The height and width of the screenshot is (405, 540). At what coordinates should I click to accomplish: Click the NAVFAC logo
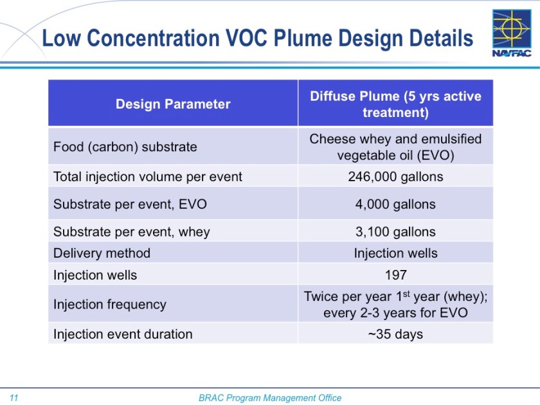(512, 33)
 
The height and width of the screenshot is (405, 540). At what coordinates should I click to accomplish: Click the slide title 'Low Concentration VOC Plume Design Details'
(257, 39)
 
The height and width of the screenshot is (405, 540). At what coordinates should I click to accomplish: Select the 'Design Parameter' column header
(173, 104)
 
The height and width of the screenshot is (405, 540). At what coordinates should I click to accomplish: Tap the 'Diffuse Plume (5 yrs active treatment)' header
(395, 104)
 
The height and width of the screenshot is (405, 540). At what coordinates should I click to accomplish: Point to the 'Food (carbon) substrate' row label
(125, 147)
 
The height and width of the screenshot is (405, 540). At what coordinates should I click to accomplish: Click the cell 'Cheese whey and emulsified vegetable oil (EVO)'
(395, 147)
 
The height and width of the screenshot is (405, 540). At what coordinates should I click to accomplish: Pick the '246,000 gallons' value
(395, 176)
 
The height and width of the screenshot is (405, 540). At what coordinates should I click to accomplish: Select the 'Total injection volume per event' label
(148, 176)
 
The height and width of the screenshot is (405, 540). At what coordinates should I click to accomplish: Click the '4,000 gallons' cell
(395, 204)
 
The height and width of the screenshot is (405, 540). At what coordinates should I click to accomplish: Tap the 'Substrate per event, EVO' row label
(130, 204)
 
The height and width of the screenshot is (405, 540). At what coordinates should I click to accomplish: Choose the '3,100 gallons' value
(395, 232)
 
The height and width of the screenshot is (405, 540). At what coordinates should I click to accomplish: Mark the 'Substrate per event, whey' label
(132, 232)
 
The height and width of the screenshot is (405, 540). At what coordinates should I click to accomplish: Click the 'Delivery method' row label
(102, 253)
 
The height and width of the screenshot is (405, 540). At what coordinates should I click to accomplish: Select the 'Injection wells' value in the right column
(395, 253)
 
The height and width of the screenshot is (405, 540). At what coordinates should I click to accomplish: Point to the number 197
(395, 275)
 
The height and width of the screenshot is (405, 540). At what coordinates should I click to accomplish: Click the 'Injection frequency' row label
(110, 304)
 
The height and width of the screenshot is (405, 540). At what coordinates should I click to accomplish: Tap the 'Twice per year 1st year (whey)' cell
(395, 304)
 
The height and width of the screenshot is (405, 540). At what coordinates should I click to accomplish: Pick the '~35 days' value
(395, 334)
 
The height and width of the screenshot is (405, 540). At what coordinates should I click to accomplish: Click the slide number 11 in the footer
(14, 398)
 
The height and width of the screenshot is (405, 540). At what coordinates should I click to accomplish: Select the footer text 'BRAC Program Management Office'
(270, 398)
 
